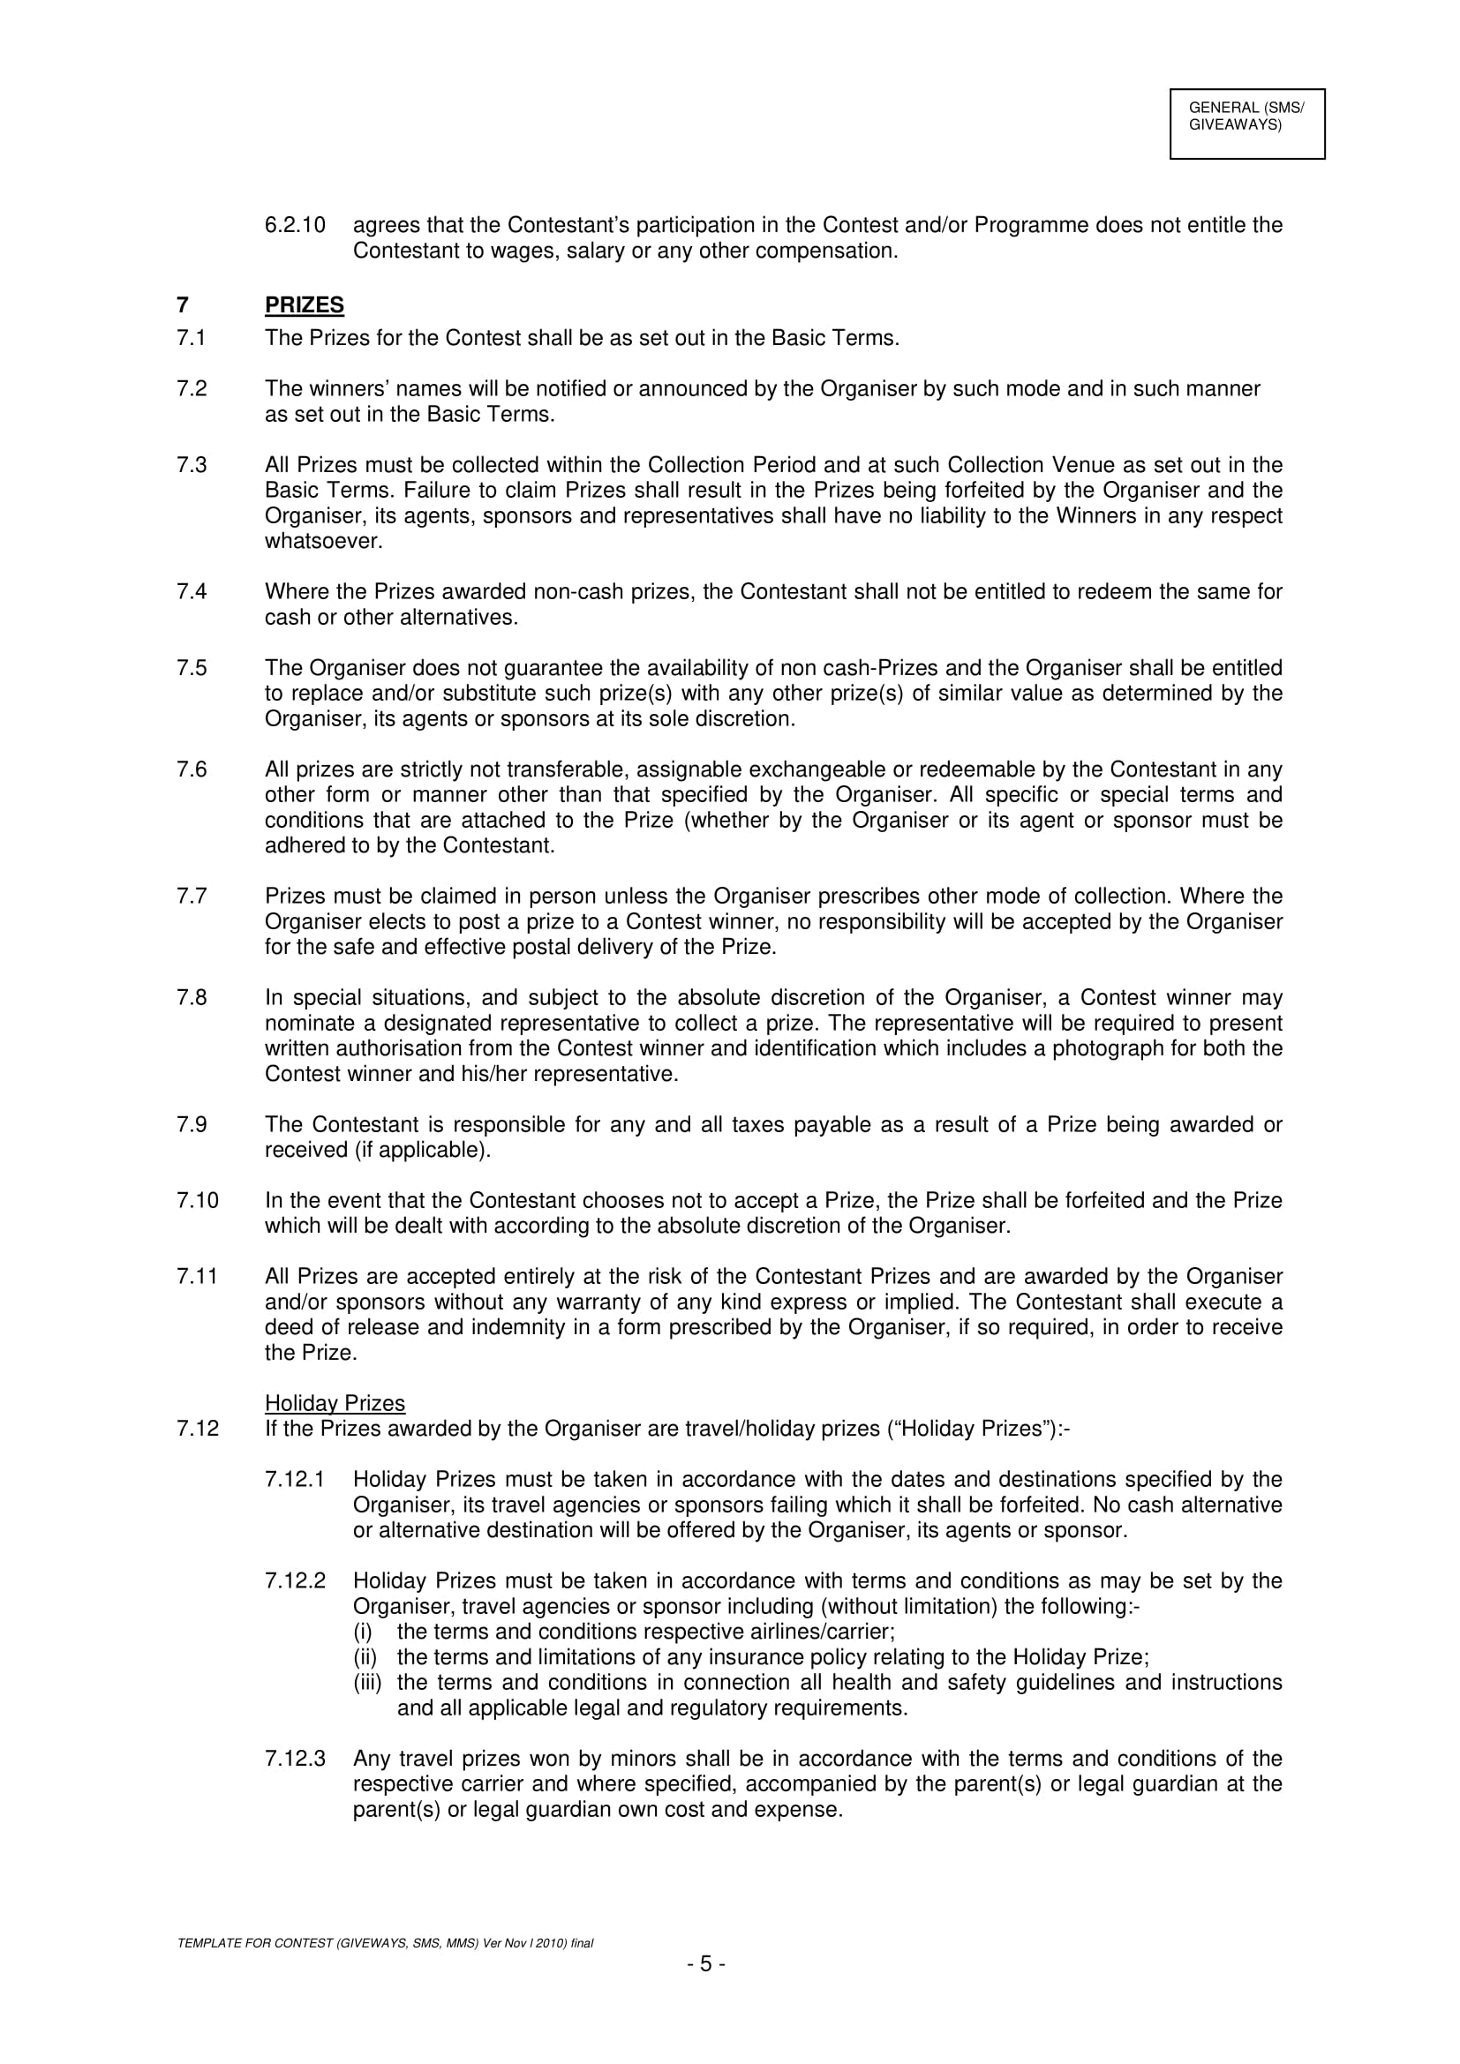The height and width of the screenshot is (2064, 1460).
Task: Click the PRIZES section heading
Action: [304, 305]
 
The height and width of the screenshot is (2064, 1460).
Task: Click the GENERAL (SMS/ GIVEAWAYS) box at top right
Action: [1246, 124]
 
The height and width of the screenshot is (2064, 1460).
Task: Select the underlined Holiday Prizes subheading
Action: [335, 1403]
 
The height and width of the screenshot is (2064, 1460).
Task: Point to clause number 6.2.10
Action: [295, 225]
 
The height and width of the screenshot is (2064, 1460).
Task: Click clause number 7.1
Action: [192, 338]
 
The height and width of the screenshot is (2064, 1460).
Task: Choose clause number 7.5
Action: [192, 668]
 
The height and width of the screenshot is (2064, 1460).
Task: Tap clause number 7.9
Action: [192, 1124]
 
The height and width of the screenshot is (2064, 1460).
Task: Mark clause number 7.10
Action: [197, 1200]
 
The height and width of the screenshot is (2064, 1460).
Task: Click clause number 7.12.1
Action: [295, 1480]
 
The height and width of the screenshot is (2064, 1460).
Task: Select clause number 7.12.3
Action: [295, 1759]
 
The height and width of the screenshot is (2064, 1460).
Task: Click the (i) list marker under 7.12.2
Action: [362, 1632]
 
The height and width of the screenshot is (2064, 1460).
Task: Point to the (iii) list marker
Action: [367, 1682]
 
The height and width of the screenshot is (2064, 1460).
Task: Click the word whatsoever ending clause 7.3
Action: [323, 541]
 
